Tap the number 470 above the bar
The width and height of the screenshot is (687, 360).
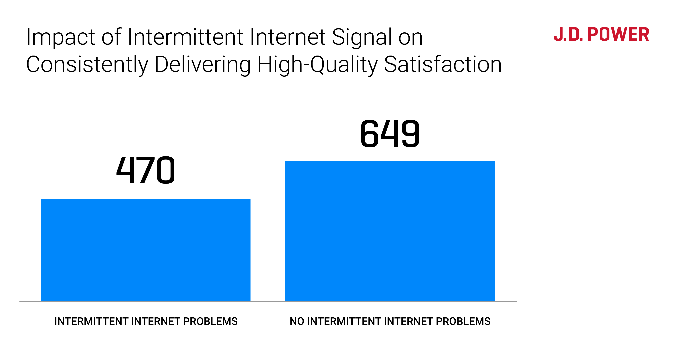click(146, 170)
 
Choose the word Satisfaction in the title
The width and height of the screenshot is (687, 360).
click(443, 65)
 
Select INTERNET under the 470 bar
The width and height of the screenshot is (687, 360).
click(156, 321)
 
